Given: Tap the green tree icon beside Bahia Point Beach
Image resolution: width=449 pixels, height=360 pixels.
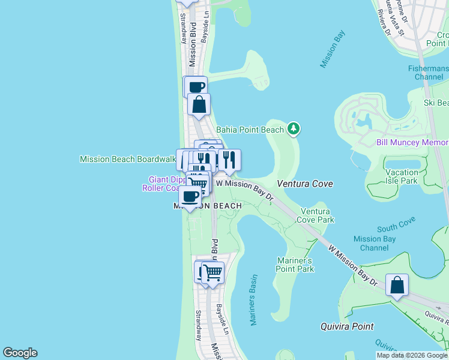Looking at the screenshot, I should pyautogui.click(x=294, y=128).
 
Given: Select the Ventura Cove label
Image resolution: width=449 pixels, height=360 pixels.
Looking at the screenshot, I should pyautogui.click(x=305, y=183).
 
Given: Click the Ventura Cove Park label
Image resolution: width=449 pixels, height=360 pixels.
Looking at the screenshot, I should pyautogui.click(x=316, y=215).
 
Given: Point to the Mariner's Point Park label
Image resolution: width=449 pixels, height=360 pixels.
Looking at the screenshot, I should pyautogui.click(x=295, y=265).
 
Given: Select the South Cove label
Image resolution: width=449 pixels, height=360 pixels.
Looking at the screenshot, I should pyautogui.click(x=396, y=228).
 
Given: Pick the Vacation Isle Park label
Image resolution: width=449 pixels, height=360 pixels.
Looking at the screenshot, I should pyautogui.click(x=400, y=176).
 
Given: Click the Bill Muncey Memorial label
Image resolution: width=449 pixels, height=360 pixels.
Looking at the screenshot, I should pyautogui.click(x=412, y=142).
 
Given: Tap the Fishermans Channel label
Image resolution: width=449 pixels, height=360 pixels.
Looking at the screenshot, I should pyautogui.click(x=427, y=73).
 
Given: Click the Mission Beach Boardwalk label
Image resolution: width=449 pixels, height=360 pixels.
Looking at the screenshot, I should pyautogui.click(x=128, y=159).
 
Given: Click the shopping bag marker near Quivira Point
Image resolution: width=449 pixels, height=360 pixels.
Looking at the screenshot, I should pyautogui.click(x=397, y=285).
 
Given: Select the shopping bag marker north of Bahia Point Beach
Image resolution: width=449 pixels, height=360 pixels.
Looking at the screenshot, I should pyautogui.click(x=199, y=104).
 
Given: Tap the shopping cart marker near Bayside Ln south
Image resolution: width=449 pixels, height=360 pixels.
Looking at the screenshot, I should pyautogui.click(x=212, y=273).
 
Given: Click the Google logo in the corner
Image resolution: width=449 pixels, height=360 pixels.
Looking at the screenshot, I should pyautogui.click(x=20, y=353).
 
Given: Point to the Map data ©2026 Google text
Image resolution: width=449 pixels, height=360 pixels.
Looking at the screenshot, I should pyautogui.click(x=412, y=355).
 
